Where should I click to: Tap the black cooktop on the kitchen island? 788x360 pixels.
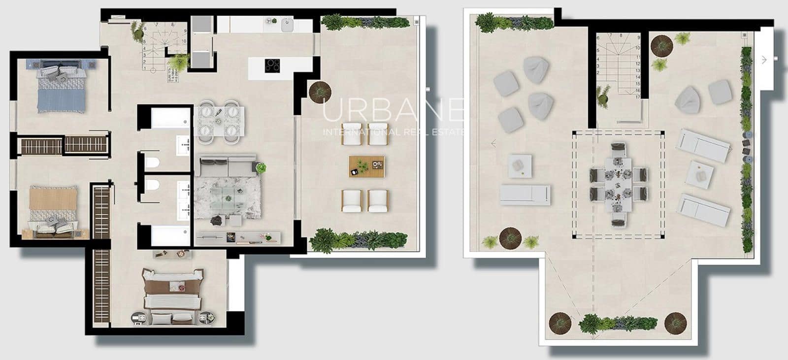pyautogui.click(x=272, y=65)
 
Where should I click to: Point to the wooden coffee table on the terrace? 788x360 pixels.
pyautogui.click(x=366, y=166)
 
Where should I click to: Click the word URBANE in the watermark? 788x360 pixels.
pyautogui.click(x=393, y=111)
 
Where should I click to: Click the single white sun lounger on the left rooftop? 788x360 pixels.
pyautogui.click(x=525, y=195)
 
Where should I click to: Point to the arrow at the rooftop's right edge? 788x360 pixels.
pyautogui.click(x=764, y=60)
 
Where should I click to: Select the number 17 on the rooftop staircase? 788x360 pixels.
pyautogui.click(x=638, y=97)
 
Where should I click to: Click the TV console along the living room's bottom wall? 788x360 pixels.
pyautogui.click(x=238, y=238)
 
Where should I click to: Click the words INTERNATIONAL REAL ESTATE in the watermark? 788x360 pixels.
pyautogui.click(x=393, y=132)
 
